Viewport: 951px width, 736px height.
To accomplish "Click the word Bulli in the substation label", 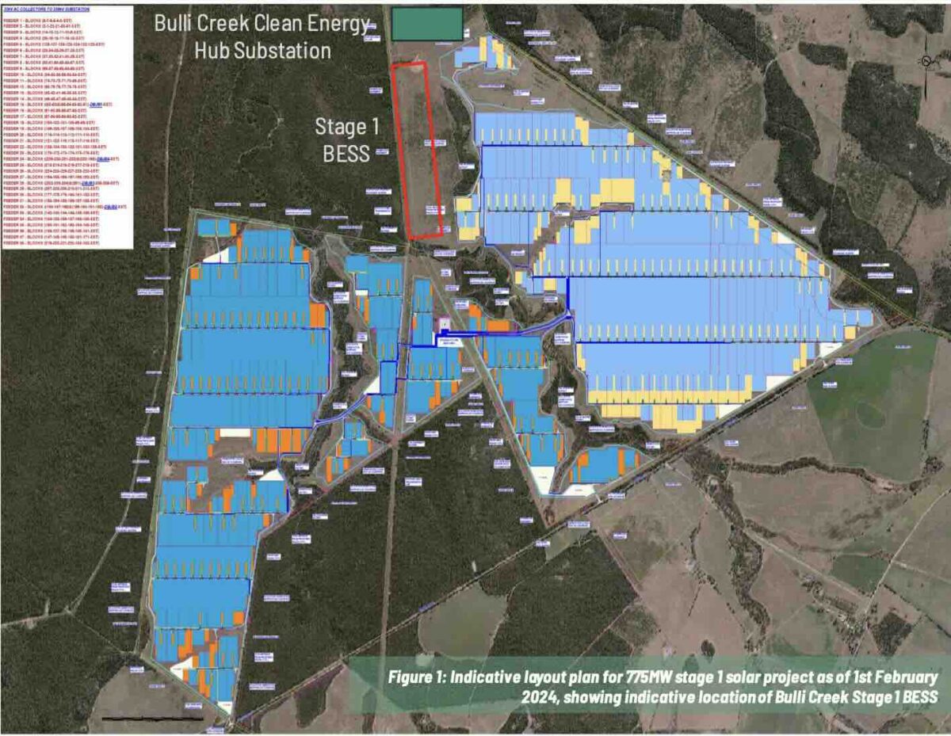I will pyautogui.click(x=174, y=23).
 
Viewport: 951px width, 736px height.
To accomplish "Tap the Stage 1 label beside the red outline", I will pyautogui.click(x=342, y=127).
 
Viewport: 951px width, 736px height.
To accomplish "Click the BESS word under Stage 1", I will pyautogui.click(x=346, y=153).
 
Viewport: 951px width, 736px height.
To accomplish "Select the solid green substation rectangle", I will pyautogui.click(x=427, y=23).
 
